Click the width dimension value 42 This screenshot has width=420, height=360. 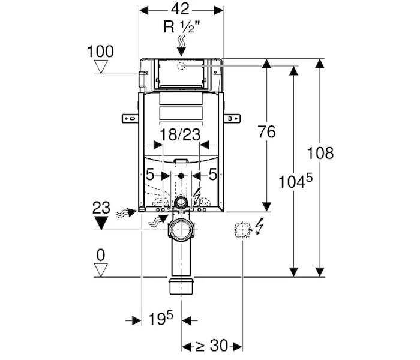coord(180,9)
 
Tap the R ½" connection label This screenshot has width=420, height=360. coord(182,27)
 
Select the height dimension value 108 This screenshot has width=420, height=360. coord(320,153)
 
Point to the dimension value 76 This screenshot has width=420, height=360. coord(266,132)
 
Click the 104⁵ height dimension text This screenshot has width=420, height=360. coord(295,181)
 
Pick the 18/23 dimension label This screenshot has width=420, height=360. coord(180,134)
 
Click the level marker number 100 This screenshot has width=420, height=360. coord(100,51)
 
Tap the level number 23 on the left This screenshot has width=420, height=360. coord(101,208)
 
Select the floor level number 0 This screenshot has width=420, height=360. coord(101,255)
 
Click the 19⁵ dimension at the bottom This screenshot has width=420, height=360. coord(160,318)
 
